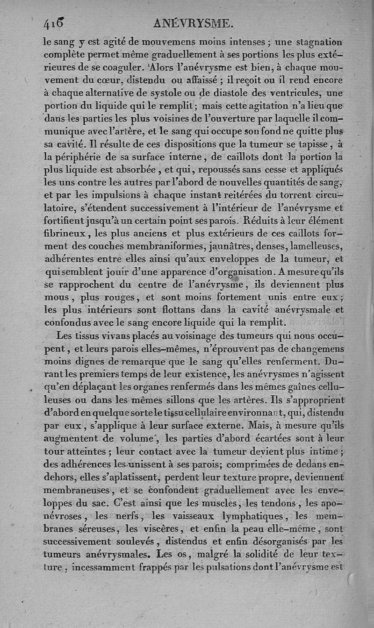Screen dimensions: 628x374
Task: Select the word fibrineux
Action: [x=63, y=233]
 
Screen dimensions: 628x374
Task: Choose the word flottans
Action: [x=185, y=309]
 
